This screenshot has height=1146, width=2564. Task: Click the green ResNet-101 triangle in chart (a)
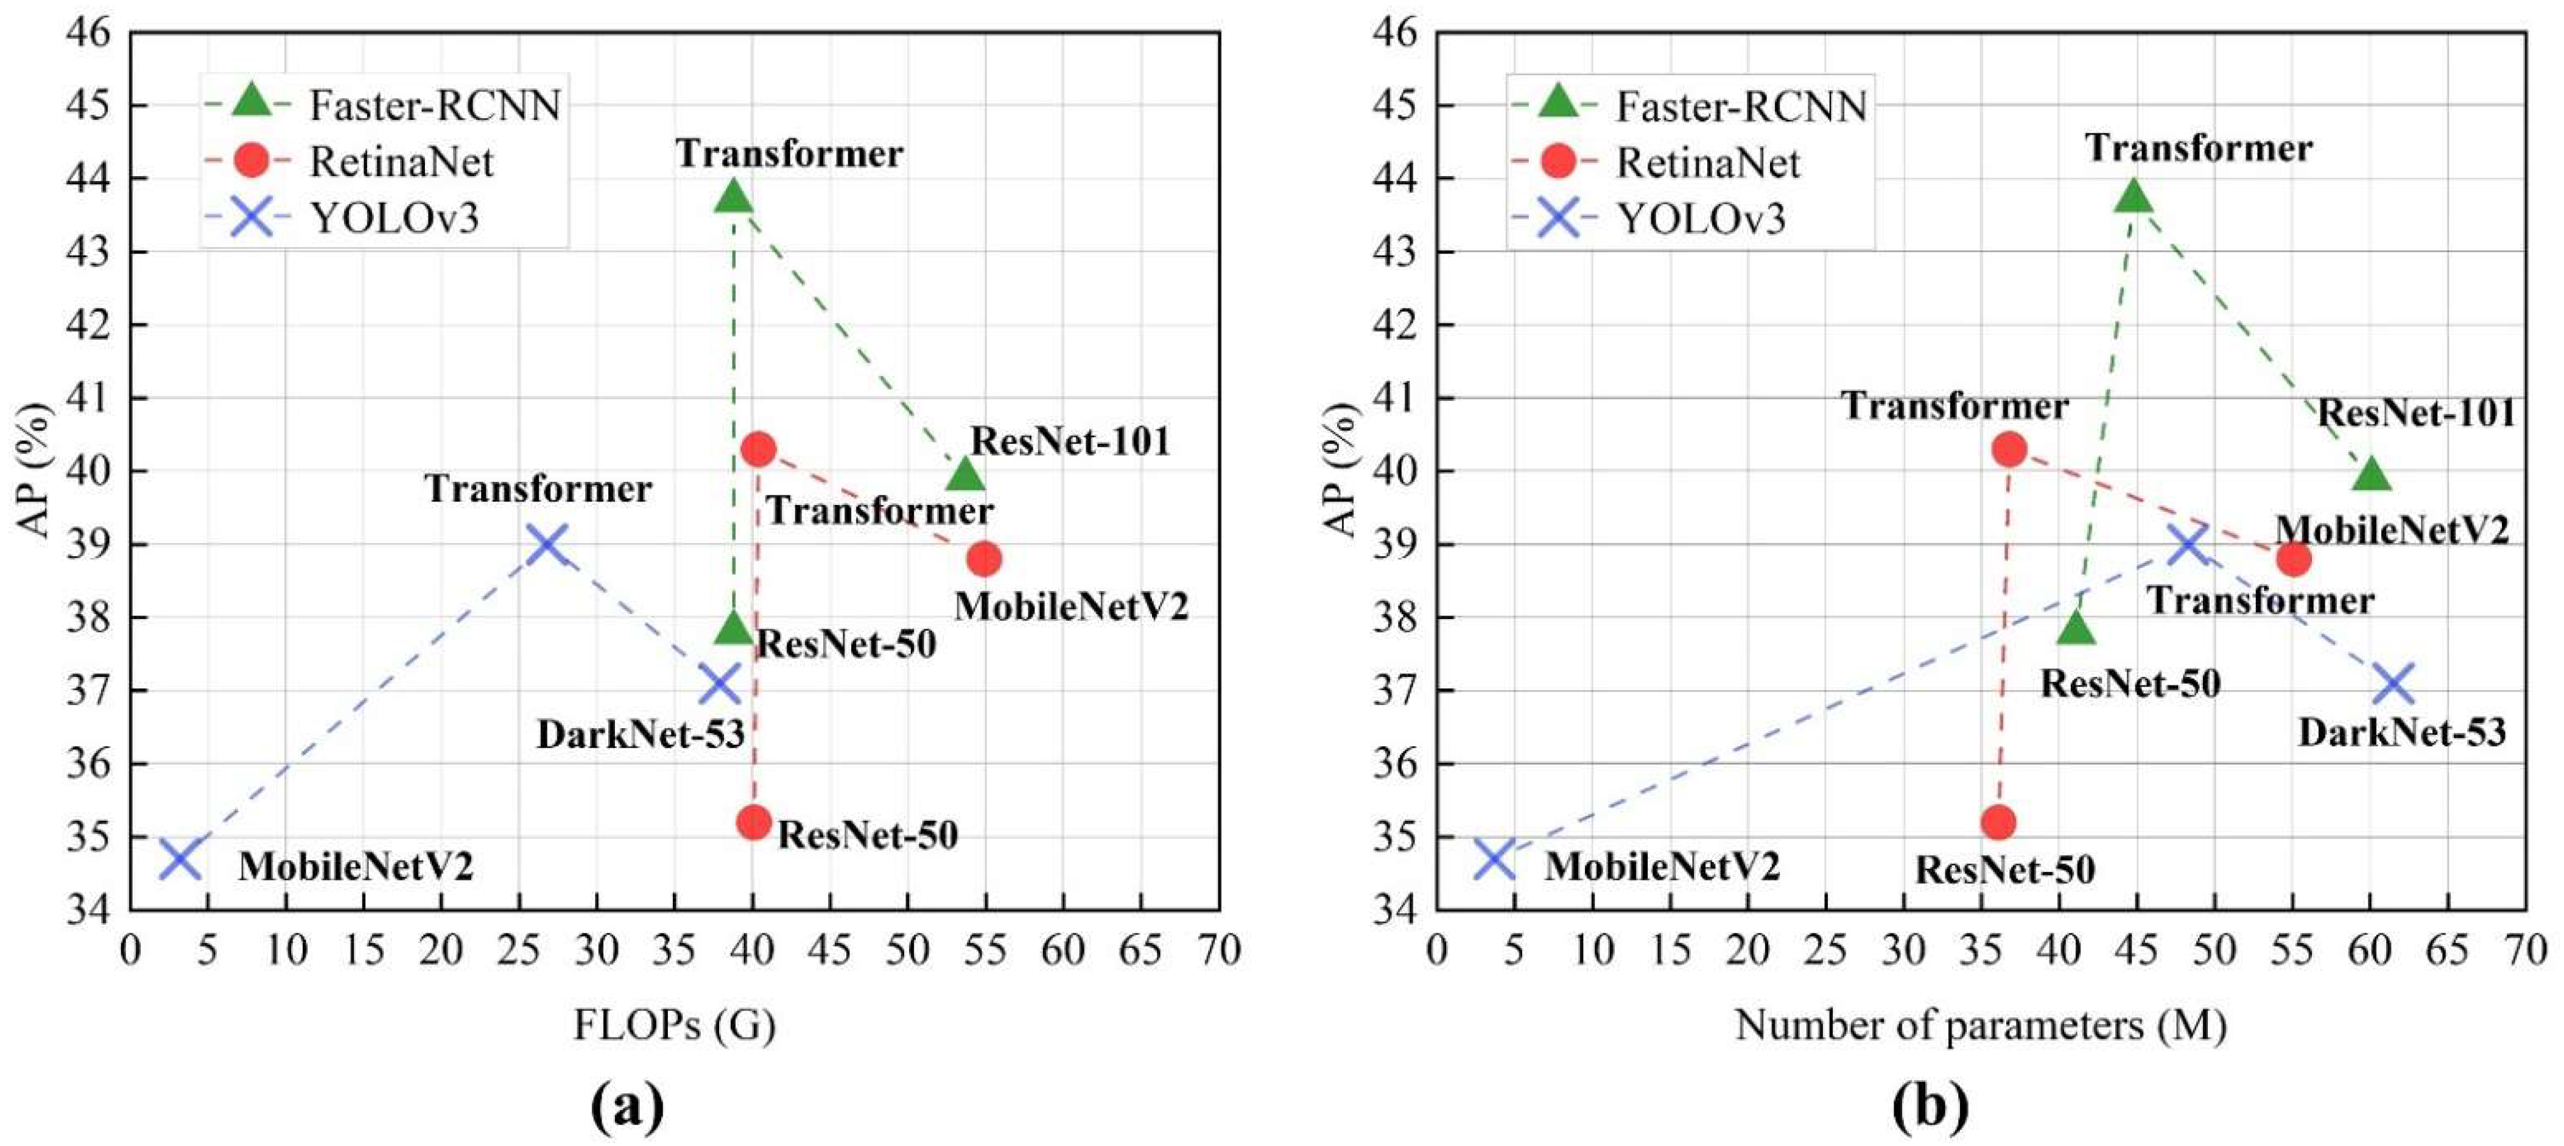(964, 474)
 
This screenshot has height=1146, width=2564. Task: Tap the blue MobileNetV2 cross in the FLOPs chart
(180, 859)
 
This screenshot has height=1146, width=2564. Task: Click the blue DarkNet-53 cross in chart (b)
(2394, 685)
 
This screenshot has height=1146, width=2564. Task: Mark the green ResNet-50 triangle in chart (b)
(2075, 628)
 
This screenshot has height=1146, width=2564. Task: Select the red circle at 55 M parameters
(2293, 559)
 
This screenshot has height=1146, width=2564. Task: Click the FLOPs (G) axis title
(674, 1025)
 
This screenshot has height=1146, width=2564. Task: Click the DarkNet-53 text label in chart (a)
(640, 735)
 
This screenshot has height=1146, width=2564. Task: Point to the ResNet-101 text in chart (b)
(2415, 412)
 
